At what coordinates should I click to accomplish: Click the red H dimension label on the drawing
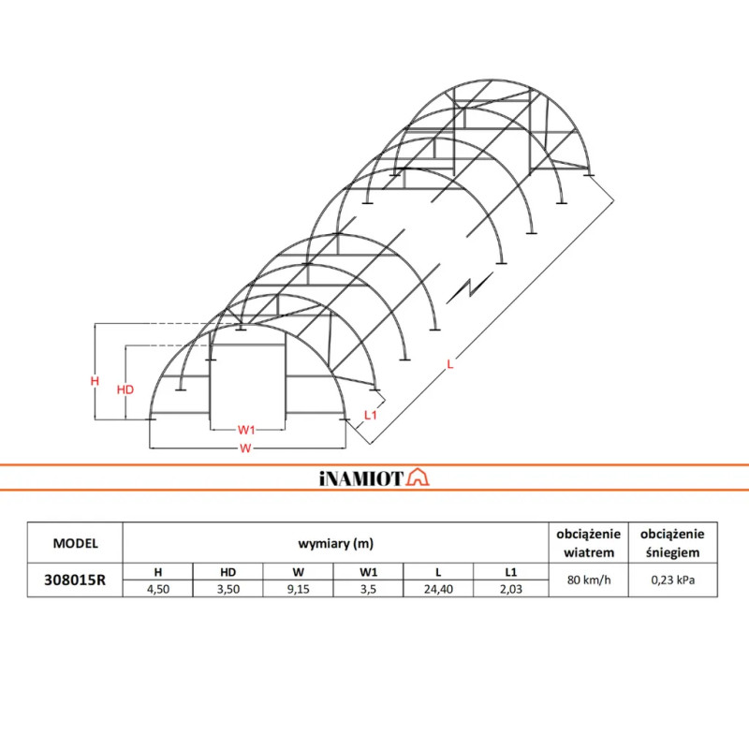[x=95, y=381]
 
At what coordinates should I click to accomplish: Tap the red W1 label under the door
[x=246, y=429]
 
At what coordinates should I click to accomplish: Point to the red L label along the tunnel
[x=450, y=365]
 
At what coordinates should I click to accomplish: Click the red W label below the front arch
[x=245, y=448]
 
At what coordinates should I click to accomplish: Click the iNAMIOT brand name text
[x=360, y=478]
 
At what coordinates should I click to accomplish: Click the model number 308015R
[x=76, y=580]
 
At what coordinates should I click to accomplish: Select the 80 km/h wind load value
[x=588, y=580]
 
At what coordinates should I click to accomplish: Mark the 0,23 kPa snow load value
[x=671, y=580]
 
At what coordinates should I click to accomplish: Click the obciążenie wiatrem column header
[x=588, y=542]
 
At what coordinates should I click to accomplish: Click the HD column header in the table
[x=228, y=571]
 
